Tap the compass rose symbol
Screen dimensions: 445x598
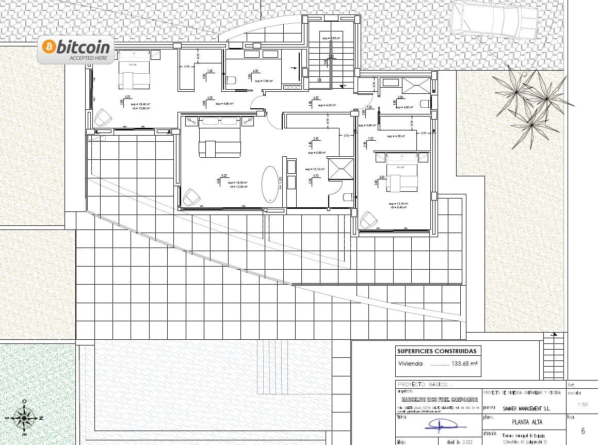tap(24, 417)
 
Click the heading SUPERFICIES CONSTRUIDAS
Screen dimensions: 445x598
tap(437, 351)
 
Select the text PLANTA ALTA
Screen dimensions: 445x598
tap(523, 422)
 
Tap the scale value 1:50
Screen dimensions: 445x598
tap(583, 404)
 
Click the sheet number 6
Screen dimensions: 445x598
tap(583, 431)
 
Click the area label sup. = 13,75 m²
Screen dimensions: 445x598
tap(398, 204)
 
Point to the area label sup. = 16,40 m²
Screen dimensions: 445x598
tap(140, 104)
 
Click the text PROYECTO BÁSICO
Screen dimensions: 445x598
tap(423, 385)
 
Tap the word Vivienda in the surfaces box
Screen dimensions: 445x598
tap(410, 364)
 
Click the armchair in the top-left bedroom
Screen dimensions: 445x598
tap(103, 117)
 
